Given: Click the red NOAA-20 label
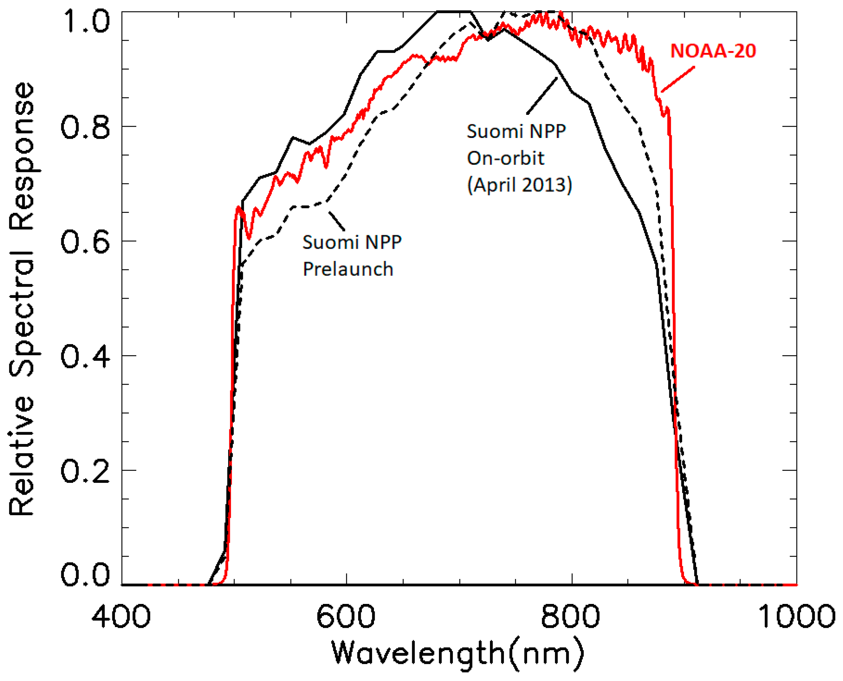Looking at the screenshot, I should (713, 51).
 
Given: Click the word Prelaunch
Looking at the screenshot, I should (348, 269).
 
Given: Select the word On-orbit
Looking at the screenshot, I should (505, 158).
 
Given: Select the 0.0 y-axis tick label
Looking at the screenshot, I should (85, 575).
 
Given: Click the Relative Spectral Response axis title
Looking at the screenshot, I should (23, 298).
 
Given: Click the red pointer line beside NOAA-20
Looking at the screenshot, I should (678, 79).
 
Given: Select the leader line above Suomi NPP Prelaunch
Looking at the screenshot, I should (337, 221).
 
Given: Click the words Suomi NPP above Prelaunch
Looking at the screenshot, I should (352, 243).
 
